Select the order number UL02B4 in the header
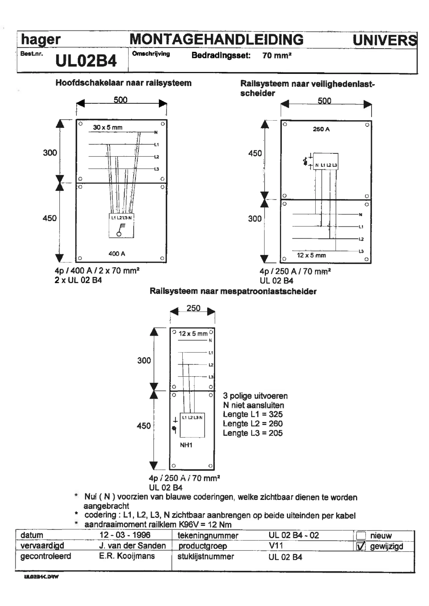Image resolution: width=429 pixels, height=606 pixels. (86, 61)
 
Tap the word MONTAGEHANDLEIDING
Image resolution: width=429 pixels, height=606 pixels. (217, 39)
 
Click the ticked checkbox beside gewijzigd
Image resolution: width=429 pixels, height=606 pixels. (361, 546)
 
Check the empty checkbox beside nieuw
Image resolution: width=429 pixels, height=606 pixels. (361, 536)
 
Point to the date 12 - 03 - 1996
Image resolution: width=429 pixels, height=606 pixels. (125, 535)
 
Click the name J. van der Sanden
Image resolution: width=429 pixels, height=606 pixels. (132, 546)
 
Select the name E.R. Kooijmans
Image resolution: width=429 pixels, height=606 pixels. (127, 556)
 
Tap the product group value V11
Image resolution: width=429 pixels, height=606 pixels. (276, 546)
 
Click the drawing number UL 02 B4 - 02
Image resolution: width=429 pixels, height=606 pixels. (294, 535)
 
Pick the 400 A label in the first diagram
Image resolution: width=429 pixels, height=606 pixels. (117, 254)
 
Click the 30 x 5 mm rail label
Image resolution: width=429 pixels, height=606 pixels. (108, 127)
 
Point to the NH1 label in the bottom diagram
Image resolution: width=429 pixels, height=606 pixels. (186, 445)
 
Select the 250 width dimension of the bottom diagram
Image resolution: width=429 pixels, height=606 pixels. (193, 308)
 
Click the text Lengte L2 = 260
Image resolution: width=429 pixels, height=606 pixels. (253, 424)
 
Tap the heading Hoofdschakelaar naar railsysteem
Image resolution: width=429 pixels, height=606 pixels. (123, 83)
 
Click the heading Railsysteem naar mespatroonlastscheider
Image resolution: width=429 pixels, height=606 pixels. (233, 291)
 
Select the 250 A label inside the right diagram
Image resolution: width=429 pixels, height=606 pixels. (321, 129)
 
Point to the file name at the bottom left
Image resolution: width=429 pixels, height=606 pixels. (41, 577)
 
